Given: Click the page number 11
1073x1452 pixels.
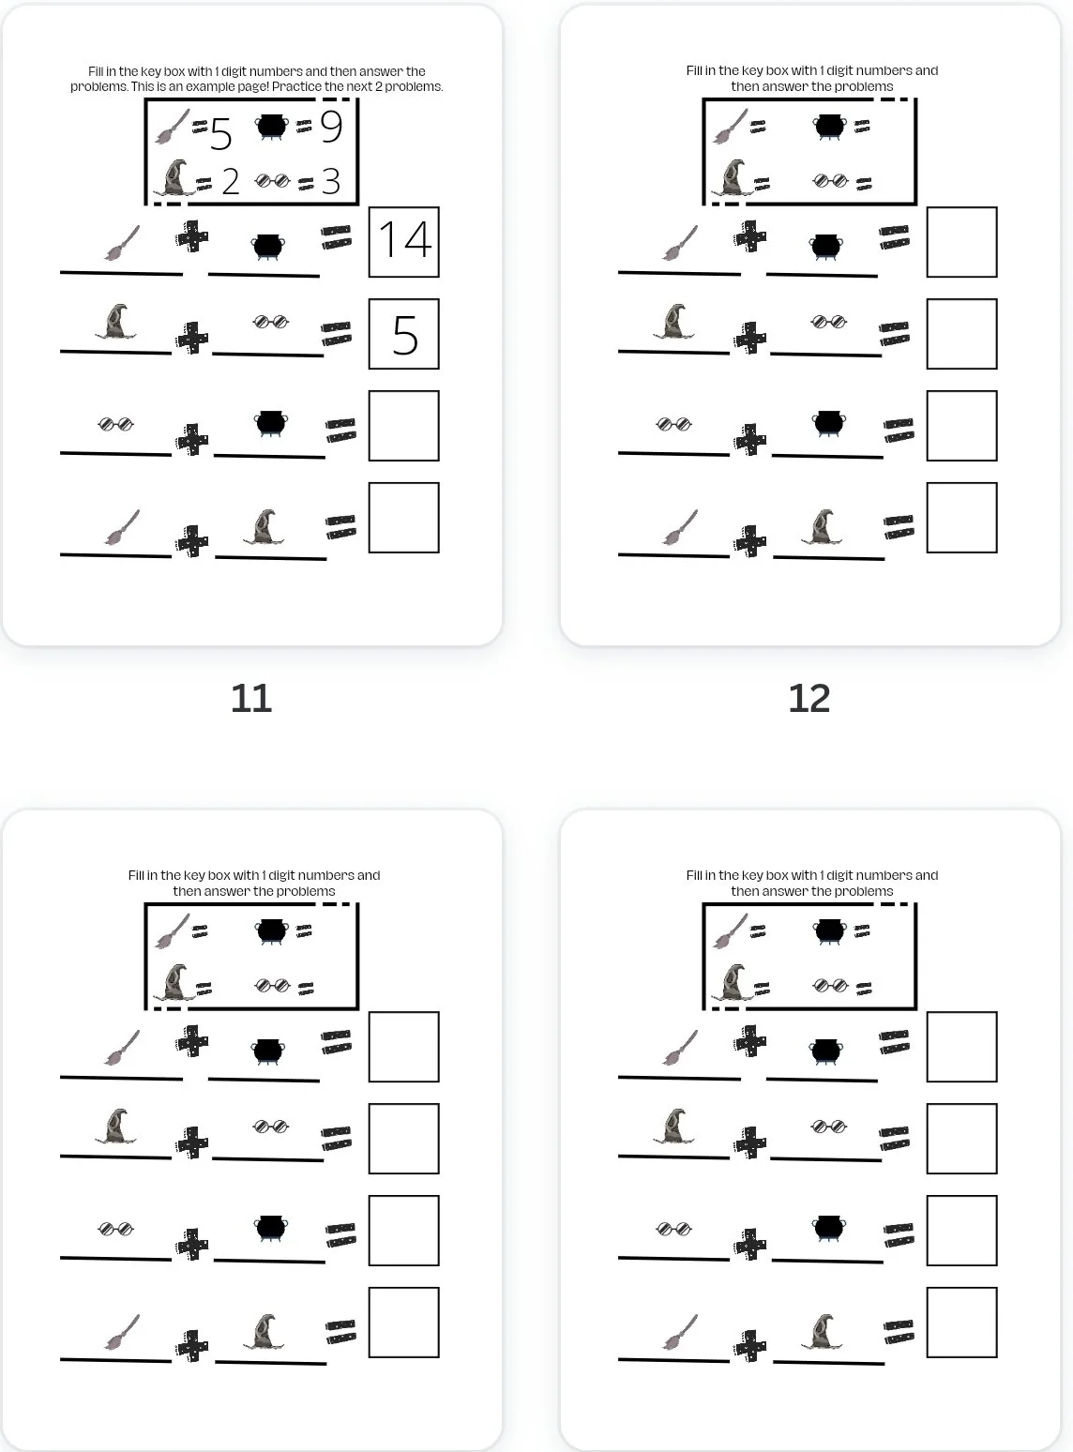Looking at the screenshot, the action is [251, 699].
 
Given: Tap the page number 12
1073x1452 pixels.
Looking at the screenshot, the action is [809, 699].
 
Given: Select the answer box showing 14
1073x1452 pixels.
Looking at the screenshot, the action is [404, 242].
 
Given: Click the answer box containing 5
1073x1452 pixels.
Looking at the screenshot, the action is [404, 335].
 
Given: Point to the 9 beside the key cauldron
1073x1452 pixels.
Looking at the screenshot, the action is [331, 127].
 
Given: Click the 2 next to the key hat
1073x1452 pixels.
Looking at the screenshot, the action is [231, 182].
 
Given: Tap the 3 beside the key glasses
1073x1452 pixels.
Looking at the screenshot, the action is [330, 182].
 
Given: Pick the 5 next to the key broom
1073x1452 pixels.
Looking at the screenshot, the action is [220, 135].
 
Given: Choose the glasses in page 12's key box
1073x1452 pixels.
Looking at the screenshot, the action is [830, 180].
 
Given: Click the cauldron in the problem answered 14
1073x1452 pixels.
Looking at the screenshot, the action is [267, 247].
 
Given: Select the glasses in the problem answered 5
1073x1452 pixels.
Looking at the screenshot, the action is [271, 323].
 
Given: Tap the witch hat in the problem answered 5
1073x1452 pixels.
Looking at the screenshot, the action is [116, 322].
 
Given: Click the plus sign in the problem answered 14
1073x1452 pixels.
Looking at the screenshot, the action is [192, 236].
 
